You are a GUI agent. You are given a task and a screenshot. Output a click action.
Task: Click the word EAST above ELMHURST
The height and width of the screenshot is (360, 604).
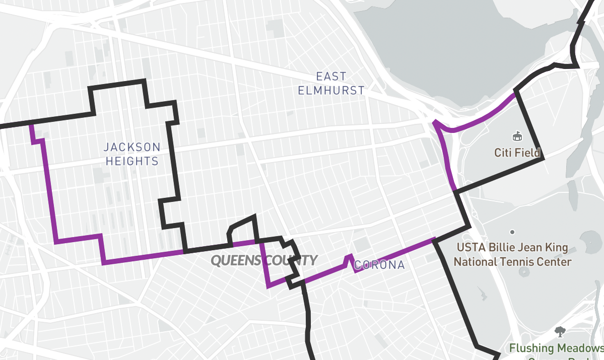click(x=331, y=77)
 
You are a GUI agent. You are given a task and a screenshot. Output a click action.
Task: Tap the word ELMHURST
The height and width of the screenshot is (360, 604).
click(x=331, y=91)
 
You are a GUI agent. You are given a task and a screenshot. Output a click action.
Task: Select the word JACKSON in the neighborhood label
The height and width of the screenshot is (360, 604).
click(x=132, y=148)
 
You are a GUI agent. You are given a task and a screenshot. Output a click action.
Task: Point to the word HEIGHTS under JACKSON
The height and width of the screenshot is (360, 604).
click(x=132, y=162)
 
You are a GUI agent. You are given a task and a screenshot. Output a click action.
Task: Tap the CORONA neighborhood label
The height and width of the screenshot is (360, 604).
click(x=380, y=265)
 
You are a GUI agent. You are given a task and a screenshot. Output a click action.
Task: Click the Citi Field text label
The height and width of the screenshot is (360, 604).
click(x=517, y=153)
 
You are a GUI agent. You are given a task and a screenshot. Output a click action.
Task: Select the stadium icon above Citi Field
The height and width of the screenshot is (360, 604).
click(x=517, y=136)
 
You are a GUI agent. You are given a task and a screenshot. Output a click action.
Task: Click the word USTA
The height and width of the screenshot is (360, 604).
click(x=469, y=248)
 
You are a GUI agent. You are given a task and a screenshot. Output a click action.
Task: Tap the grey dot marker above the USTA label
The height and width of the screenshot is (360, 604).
click(x=512, y=232)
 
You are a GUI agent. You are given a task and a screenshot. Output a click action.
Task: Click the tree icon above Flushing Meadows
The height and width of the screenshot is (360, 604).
click(x=559, y=331)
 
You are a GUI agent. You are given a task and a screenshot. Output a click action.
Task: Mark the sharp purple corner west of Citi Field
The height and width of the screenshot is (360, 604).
click(x=434, y=121)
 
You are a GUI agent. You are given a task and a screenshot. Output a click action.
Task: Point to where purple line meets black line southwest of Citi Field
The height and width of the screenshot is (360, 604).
click(x=456, y=190)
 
